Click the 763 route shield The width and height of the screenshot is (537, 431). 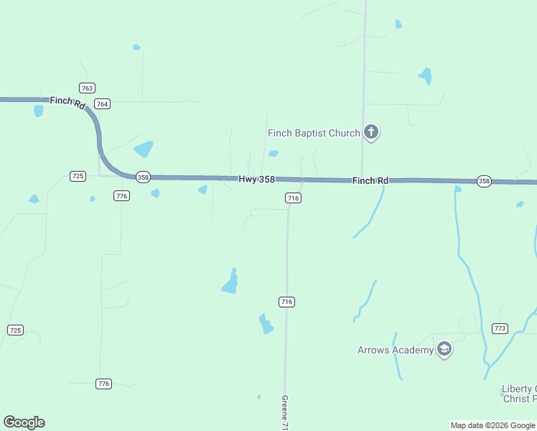click(x=87, y=88)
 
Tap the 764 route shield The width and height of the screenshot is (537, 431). click(x=103, y=103)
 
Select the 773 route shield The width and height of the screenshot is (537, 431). click(x=500, y=328)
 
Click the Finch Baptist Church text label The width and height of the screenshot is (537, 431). click(x=314, y=133)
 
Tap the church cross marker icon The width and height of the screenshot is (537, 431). click(x=371, y=131)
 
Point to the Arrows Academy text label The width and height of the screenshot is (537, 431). click(x=396, y=350)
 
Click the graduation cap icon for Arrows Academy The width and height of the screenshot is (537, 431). click(x=444, y=350)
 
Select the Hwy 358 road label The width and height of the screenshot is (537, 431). click(x=257, y=179)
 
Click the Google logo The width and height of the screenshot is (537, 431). click(x=24, y=422)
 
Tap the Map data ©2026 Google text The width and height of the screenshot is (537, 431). click(x=492, y=425)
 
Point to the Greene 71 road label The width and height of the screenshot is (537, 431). click(x=285, y=413)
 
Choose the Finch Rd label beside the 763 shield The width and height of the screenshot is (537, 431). click(x=68, y=102)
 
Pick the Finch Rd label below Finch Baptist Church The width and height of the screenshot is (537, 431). click(x=370, y=181)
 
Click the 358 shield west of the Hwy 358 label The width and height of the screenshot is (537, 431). click(x=143, y=177)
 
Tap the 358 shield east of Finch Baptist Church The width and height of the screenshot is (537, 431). click(x=484, y=181)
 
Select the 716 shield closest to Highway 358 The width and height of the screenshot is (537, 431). click(x=292, y=198)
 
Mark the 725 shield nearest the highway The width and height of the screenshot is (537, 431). click(x=78, y=176)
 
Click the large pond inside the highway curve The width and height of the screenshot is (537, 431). click(x=144, y=149)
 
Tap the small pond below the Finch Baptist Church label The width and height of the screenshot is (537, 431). click(x=273, y=153)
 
